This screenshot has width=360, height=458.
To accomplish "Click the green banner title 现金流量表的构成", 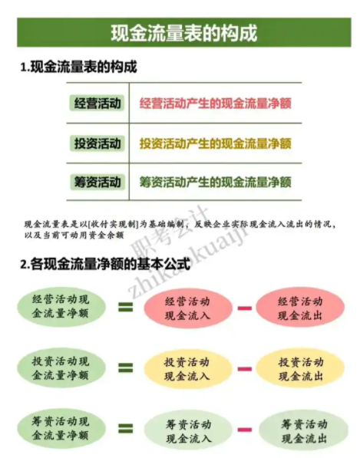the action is click(184, 33).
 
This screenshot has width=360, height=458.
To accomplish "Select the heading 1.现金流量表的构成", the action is click(78, 67).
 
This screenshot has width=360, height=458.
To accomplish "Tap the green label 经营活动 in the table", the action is click(97, 104).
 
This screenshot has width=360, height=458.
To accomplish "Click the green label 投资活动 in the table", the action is click(97, 143).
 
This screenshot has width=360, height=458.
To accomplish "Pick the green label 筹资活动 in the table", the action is click(97, 182).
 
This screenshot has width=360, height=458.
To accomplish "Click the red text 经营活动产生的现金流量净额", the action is click(216, 104).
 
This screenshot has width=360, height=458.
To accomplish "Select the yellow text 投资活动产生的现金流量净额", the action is click(216, 143).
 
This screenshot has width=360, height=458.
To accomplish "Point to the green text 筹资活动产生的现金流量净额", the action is click(216, 182).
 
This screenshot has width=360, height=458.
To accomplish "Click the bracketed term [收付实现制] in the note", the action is click(114, 224).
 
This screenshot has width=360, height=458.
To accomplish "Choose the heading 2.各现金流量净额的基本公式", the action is click(105, 264).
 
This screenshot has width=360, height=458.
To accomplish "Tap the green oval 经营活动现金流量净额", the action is click(61, 308).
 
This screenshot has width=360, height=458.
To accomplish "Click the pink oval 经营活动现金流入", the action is click(188, 308).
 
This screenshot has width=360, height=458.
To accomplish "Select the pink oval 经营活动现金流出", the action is click(300, 308).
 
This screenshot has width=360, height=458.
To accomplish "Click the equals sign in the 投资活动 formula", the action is click(126, 368).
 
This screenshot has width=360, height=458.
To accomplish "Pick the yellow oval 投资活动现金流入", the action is click(187, 369).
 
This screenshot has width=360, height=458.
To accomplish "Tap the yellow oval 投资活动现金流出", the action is click(300, 368).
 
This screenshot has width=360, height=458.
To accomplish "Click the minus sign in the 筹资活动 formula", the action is click(245, 430).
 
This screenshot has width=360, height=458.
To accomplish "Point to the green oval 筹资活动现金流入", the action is click(188, 431).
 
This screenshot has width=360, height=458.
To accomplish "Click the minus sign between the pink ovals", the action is click(245, 308).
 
